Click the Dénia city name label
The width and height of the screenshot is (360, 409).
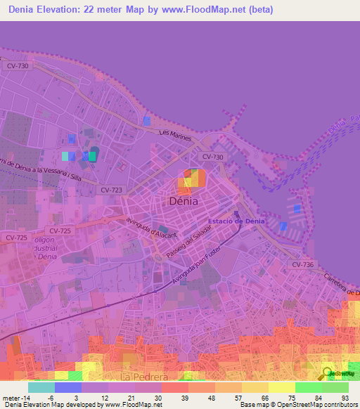pyautogui.click(x=184, y=201)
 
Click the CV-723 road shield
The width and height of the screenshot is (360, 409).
pyautogui.click(x=111, y=190)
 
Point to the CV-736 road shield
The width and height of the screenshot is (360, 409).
pyautogui.click(x=302, y=264)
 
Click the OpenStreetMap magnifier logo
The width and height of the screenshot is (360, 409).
pyautogui.click(x=328, y=373)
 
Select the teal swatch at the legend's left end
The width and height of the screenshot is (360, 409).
pyautogui.click(x=41, y=387)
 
